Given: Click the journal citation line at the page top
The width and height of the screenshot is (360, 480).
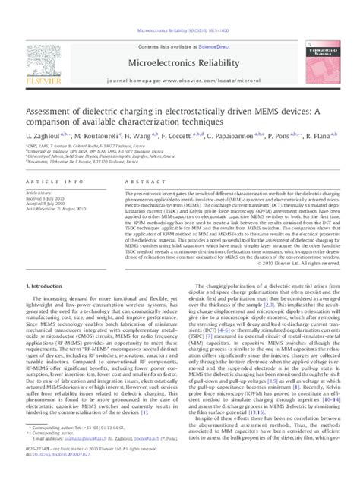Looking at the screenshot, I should click(x=179, y=8).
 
